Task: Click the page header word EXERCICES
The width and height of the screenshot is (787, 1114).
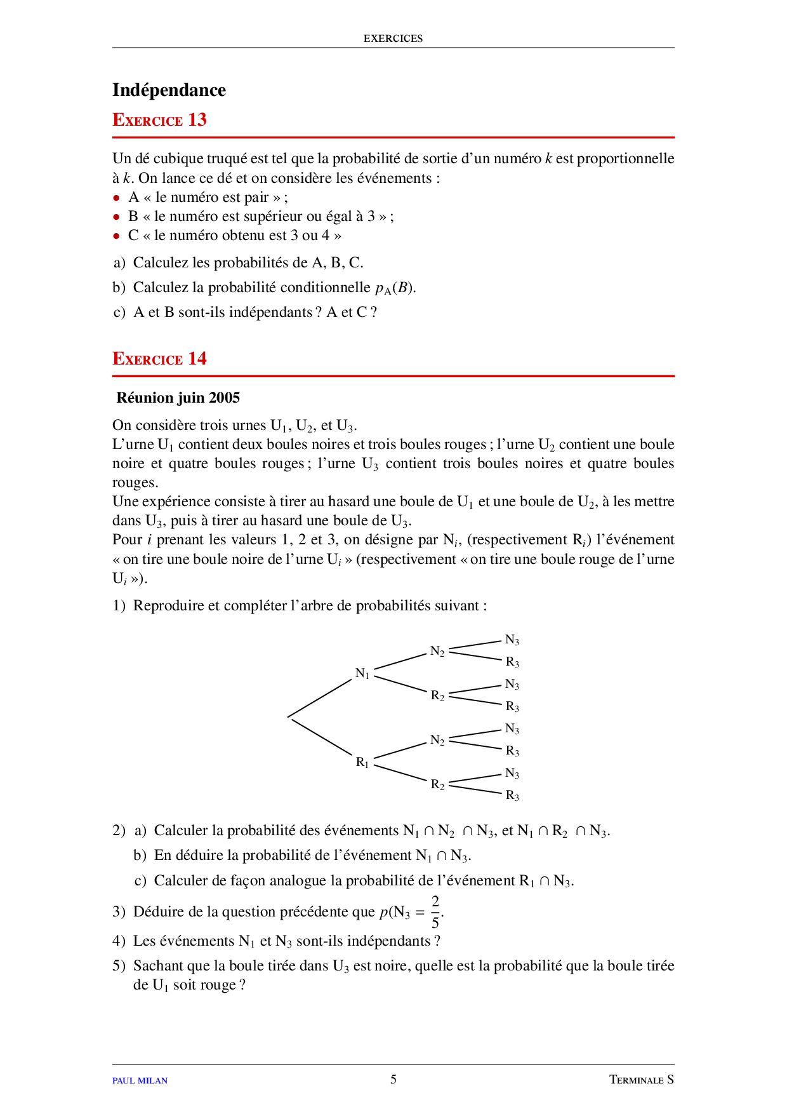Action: point(393,39)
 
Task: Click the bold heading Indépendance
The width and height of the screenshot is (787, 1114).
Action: point(169,90)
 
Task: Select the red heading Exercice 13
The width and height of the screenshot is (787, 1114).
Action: point(159,120)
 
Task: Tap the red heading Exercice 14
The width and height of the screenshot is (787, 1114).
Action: point(159,359)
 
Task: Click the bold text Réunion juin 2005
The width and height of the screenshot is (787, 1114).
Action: point(178,398)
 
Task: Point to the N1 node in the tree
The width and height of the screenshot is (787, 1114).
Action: point(362,673)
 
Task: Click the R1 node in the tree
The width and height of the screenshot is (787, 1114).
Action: point(362,762)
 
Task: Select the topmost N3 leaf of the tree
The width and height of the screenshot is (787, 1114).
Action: point(512,640)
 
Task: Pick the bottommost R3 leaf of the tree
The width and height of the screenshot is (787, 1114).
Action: point(512,796)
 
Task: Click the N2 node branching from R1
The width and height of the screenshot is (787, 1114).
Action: point(437,740)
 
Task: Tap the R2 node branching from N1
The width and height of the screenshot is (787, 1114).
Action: point(437,695)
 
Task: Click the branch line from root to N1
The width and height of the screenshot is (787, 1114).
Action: point(321,698)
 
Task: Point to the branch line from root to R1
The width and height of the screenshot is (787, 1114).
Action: point(321,737)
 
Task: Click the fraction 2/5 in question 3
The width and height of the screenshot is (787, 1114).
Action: point(435,912)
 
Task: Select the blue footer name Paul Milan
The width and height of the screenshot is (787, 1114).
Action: point(140,1080)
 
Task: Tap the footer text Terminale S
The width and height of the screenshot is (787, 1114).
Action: point(641,1080)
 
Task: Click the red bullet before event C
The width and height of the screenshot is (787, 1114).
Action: point(116,236)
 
